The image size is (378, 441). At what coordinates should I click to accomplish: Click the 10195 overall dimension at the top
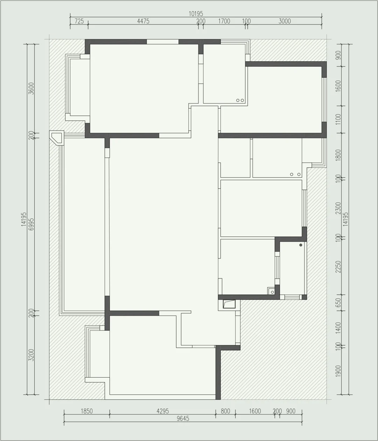point(196,14)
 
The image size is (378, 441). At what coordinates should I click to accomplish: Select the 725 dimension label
point(79,21)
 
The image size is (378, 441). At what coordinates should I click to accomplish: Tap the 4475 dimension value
point(143,21)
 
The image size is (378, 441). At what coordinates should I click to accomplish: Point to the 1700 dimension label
point(224,21)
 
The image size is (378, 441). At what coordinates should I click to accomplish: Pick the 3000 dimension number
point(285,21)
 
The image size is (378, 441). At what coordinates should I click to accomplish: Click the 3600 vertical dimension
point(31,89)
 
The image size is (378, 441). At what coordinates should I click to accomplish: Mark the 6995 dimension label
point(31,224)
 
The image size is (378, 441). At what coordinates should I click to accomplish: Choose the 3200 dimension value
point(31,355)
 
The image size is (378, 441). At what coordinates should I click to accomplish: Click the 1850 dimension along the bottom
point(87,411)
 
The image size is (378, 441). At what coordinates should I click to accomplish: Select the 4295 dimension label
point(163,411)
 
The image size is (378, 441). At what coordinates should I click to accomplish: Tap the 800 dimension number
point(225,411)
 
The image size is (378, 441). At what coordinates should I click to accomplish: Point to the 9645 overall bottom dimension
point(183,419)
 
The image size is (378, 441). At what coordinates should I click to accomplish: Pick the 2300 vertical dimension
point(338,208)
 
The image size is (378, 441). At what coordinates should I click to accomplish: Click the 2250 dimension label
point(338,267)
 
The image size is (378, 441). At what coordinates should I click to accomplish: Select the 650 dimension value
point(338,303)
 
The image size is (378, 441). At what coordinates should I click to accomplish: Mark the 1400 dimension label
point(338,328)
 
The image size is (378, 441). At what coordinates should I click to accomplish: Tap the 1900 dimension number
point(338,371)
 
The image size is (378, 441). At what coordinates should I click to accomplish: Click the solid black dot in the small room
point(301,245)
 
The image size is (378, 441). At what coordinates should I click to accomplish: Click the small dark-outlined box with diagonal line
point(229,304)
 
